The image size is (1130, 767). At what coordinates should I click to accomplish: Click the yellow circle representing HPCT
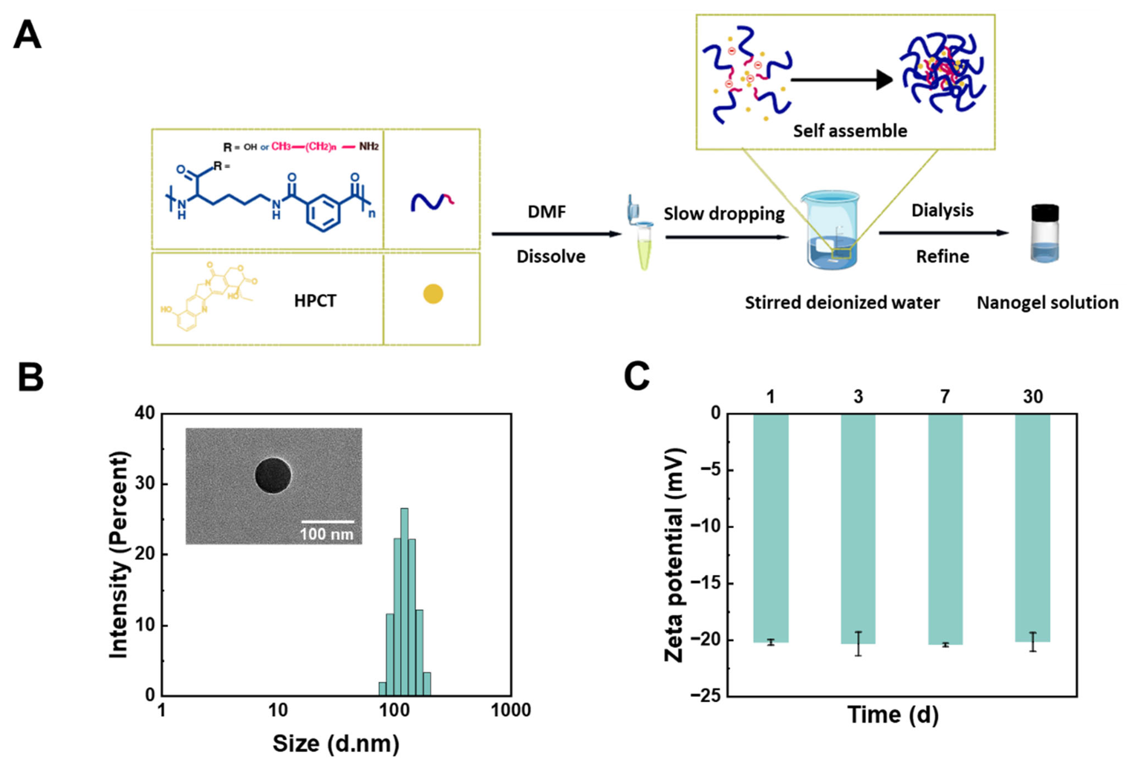[433, 294]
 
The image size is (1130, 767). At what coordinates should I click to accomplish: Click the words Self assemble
[850, 131]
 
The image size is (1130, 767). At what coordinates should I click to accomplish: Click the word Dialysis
[942, 210]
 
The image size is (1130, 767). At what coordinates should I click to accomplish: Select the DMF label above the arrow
[547, 212]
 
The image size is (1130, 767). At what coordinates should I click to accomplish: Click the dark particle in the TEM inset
[273, 475]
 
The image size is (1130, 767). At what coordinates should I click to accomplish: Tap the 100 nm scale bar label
[326, 534]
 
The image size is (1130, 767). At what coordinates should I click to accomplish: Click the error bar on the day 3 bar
[859, 643]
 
